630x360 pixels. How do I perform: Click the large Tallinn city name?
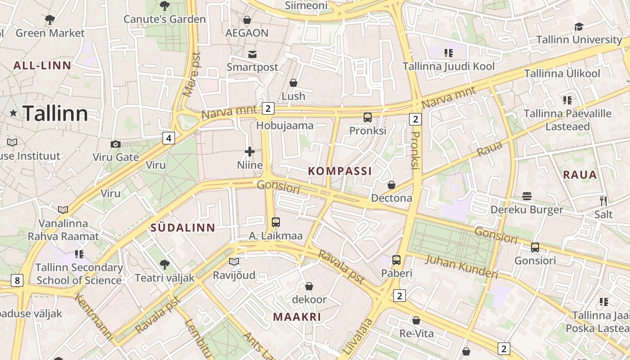[55, 113]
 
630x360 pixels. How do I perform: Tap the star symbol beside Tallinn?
[13, 113]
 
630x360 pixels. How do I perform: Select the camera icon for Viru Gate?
[116, 144]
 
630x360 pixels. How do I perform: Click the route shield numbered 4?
[168, 138]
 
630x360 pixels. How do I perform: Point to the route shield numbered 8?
[17, 281]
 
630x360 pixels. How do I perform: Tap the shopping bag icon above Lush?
[293, 83]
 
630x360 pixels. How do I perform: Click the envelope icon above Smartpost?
[252, 54]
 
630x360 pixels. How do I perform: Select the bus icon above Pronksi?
[368, 117]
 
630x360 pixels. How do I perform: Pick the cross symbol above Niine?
[250, 152]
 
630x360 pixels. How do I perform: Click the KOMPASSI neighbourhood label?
[340, 171]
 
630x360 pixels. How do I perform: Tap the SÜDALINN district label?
[183, 228]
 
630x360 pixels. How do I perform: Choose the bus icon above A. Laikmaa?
[276, 222]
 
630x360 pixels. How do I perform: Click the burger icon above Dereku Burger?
[527, 196]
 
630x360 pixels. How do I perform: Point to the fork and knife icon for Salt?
[603, 201]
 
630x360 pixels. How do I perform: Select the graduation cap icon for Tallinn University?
[579, 27]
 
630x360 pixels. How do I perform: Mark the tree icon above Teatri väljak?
[165, 264]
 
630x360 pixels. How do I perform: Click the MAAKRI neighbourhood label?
[297, 317]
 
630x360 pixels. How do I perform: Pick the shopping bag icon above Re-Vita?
[416, 320]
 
